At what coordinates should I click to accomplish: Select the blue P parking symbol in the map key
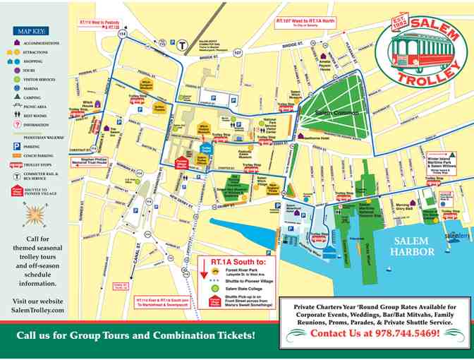pos(16,146)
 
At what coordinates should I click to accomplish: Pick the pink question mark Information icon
pos(16,125)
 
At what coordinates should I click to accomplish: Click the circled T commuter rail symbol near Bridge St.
pos(182,44)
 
